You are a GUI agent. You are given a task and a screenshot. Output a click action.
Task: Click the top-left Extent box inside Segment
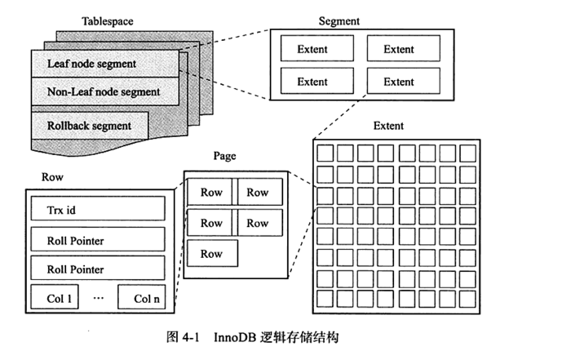(x=312, y=49)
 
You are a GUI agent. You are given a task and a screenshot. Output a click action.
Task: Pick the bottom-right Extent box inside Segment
(x=399, y=82)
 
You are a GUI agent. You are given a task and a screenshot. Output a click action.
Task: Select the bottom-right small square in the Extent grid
(x=467, y=300)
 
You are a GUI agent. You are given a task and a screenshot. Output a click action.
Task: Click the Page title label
(x=224, y=155)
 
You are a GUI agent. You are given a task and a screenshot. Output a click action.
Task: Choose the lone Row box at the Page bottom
(x=211, y=254)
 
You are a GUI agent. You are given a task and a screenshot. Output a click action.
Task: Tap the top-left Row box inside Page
(x=211, y=193)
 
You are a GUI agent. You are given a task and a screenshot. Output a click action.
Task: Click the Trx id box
(x=97, y=211)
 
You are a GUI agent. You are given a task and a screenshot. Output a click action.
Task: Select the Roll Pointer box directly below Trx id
(x=97, y=241)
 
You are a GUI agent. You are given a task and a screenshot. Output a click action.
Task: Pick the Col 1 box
(x=55, y=299)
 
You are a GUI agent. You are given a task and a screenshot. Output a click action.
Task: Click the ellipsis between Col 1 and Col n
(x=99, y=299)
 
